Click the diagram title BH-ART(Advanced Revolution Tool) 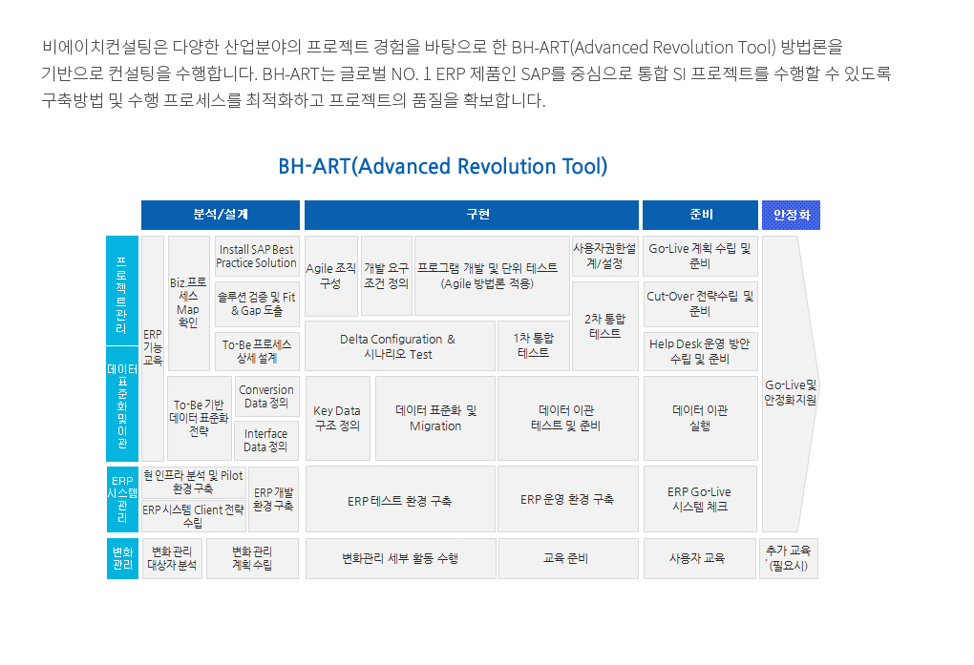coord(443,166)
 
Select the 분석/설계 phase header coord(221,215)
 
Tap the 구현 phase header coord(472,215)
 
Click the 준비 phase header coord(700,215)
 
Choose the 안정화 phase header coord(791,215)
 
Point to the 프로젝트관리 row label coord(122,291)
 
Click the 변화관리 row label coord(122,558)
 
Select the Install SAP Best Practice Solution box coord(257,256)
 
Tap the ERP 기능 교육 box coord(153,347)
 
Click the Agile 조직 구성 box coord(331,276)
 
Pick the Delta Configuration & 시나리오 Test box coord(400,345)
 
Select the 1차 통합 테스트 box coord(534,345)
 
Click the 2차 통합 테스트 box coord(605,326)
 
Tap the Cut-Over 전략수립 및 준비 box coord(700,303)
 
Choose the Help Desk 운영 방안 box coord(700,351)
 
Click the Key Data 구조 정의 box coord(337,418)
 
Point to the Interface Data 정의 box coord(265,440)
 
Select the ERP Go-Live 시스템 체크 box coord(700,499)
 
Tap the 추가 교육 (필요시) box coord(788,558)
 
